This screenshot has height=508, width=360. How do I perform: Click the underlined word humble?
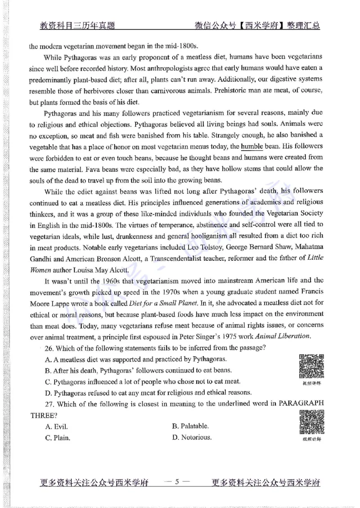pos(254,147)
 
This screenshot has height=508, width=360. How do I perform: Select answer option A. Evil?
pos(56,426)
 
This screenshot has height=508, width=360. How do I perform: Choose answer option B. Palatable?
pos(190,426)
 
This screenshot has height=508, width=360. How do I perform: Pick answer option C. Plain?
pos(58,437)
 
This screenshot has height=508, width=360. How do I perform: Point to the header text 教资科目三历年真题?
pos(77,26)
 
